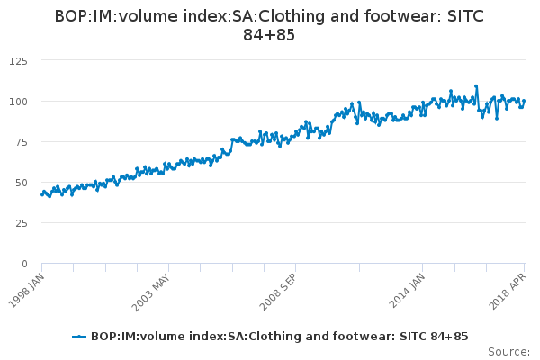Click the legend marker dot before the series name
coord(80,336)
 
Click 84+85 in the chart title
coord(269,35)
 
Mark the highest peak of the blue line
coord(476,86)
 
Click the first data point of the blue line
coord(42,194)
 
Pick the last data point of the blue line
coord(524,101)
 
